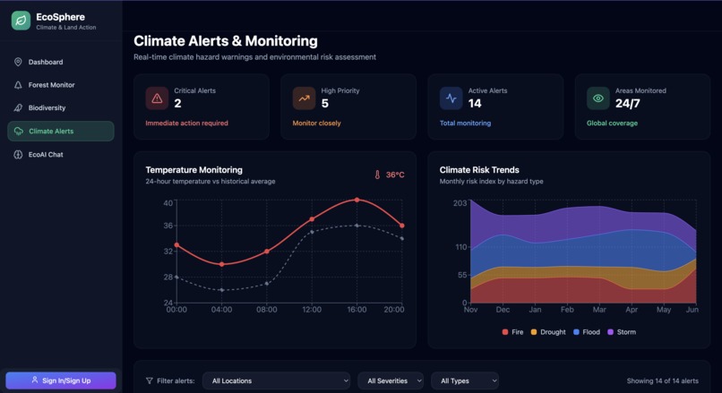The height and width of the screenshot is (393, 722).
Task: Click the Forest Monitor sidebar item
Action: [x=51, y=85]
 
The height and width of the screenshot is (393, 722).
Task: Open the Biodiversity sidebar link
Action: [x=47, y=108]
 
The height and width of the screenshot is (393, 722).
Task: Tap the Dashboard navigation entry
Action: [x=45, y=62]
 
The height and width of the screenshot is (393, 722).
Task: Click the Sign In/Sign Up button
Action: [x=61, y=380]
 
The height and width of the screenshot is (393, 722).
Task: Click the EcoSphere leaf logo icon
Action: [x=21, y=21]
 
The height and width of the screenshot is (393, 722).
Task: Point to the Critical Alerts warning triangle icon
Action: [x=158, y=98]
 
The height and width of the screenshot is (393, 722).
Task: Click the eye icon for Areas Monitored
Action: [x=598, y=98]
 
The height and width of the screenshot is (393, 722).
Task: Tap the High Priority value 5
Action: [x=325, y=104]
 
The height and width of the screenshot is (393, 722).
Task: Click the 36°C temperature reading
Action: [x=395, y=175]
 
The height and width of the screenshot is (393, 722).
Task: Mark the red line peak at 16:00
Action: [x=357, y=200]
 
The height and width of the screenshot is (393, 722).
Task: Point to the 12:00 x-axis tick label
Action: [x=312, y=310]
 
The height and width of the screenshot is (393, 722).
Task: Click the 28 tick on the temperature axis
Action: [x=168, y=278]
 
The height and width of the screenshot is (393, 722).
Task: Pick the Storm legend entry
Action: [x=622, y=332]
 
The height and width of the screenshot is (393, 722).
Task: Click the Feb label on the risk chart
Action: [x=567, y=310]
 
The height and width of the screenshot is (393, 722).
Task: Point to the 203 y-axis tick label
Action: [x=460, y=203]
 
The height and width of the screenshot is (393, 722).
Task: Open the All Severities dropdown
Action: [x=391, y=381]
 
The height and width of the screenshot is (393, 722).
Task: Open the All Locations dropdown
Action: [x=276, y=381]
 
